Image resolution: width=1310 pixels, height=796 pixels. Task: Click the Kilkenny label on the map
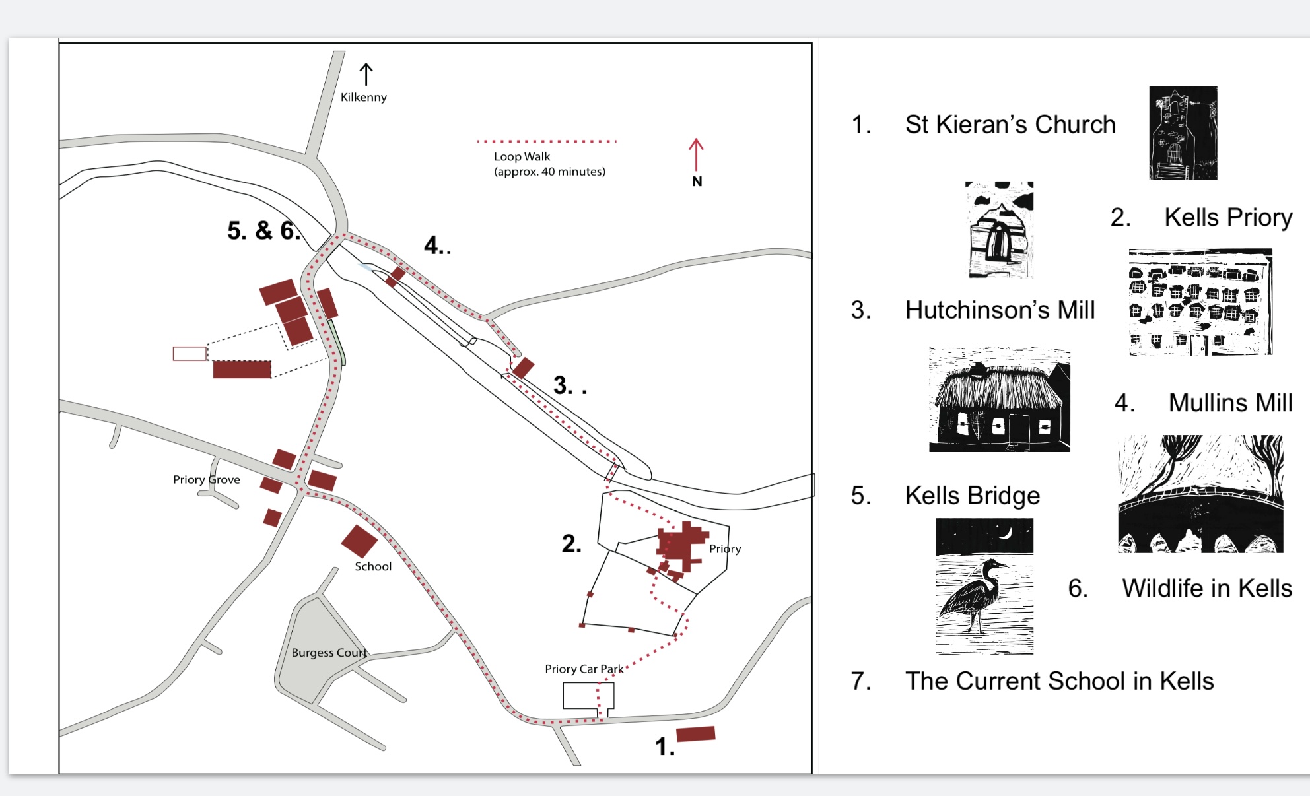point(363,97)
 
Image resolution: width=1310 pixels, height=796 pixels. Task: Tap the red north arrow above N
point(696,155)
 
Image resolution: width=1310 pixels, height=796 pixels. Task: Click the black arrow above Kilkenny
point(366,75)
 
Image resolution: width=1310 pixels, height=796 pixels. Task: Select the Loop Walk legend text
point(549,164)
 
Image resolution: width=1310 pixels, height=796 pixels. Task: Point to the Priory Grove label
point(207,479)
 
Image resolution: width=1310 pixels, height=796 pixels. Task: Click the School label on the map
point(373,566)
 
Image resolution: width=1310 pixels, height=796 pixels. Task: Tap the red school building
point(359,541)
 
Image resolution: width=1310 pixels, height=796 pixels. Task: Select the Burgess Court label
point(329,653)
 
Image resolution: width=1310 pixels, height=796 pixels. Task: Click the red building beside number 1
point(696,734)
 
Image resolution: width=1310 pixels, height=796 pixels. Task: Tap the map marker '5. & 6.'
point(263,230)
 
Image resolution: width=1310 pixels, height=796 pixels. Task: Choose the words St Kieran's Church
point(1010,124)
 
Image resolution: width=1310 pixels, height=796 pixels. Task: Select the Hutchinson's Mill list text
point(1000,310)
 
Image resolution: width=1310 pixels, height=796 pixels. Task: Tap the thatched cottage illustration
point(1000,399)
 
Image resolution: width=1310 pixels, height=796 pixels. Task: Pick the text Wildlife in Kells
point(1207,588)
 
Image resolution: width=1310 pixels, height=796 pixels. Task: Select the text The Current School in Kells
point(1059,680)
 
